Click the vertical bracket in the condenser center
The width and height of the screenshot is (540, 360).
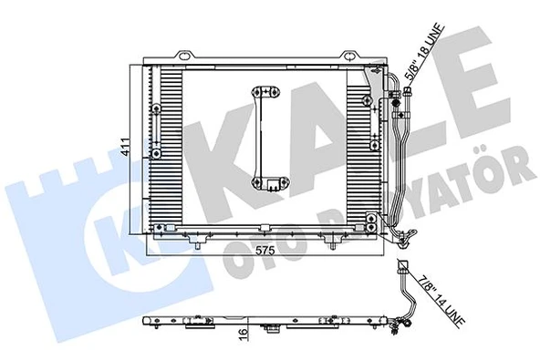[x=265, y=138]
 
